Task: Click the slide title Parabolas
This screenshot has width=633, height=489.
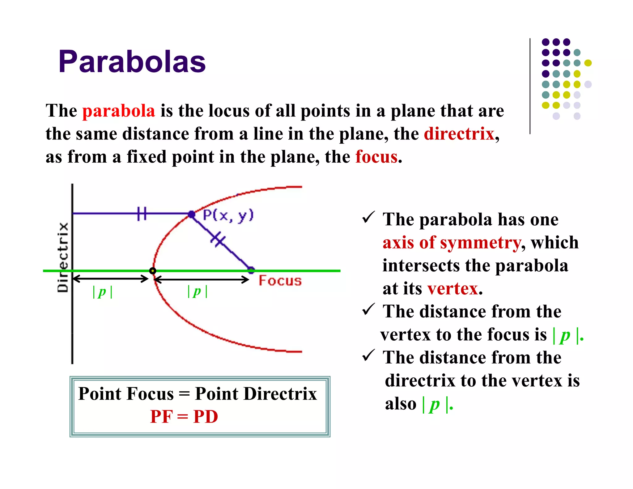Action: point(132,62)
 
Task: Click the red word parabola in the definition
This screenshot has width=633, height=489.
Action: point(119,111)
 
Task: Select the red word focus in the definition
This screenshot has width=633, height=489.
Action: point(376,157)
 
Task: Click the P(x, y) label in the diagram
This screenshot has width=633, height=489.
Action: point(228,215)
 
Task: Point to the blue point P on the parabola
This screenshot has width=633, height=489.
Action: point(192,214)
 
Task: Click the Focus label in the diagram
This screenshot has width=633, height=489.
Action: point(280,281)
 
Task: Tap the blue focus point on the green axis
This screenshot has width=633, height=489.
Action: point(251,270)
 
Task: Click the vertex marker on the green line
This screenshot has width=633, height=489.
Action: point(152,271)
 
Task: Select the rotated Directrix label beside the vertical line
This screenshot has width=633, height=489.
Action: point(63,257)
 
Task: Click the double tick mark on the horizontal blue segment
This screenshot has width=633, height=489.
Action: point(142,214)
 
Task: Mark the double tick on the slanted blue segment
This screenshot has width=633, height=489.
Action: point(218,239)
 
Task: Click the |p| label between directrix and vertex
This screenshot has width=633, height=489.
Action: point(102,292)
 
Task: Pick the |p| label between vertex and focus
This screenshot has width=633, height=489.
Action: point(198,292)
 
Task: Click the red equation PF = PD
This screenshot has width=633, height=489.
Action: point(184,417)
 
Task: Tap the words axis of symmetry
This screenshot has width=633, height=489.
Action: point(452,242)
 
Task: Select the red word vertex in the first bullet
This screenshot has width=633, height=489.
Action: point(453,289)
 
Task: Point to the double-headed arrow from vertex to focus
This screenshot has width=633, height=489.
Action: point(202,280)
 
